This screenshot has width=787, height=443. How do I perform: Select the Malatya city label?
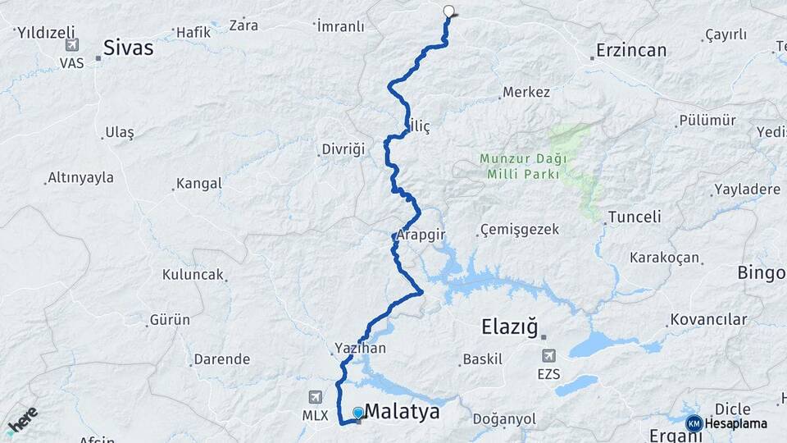402,411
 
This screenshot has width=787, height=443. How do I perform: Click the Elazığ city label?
509,328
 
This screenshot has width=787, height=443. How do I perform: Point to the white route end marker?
448,11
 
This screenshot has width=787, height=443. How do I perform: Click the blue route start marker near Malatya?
358,413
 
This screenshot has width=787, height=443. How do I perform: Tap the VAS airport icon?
72,45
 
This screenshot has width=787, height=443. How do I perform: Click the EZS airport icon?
548,356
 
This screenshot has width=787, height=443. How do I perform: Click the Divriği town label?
342,150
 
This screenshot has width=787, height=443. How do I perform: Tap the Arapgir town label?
421,235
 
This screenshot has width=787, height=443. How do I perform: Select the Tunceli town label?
634,217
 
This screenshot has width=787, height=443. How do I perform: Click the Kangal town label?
198,184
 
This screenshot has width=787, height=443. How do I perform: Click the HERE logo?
21,418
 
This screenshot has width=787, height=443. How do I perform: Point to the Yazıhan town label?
360,348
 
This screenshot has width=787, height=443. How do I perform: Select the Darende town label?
221,359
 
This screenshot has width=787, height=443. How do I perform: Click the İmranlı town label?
341,26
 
